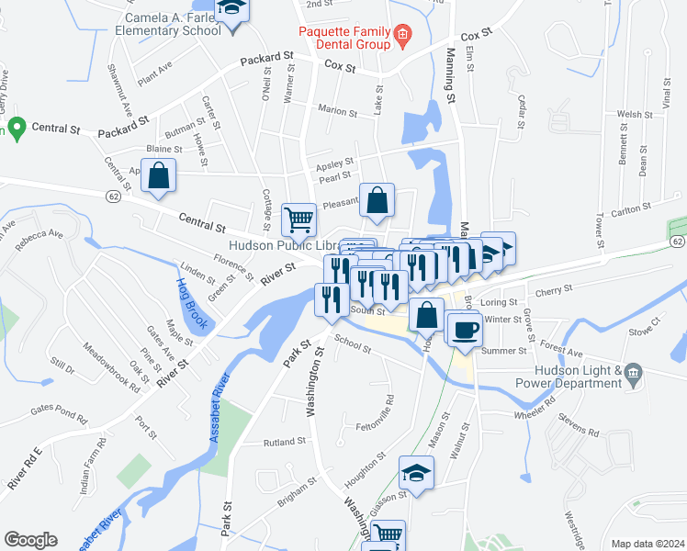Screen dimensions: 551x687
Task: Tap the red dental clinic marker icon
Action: (x=401, y=38)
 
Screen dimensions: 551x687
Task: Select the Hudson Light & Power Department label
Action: (x=578, y=378)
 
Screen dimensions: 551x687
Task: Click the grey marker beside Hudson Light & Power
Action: (x=634, y=372)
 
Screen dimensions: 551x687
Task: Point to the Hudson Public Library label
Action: (x=284, y=246)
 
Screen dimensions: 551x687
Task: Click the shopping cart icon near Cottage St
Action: (x=298, y=219)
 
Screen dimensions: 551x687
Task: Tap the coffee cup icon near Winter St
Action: (x=465, y=329)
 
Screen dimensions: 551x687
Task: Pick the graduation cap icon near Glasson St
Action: (x=417, y=473)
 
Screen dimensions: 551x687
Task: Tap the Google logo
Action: (x=30, y=540)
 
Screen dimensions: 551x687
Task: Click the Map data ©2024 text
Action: (x=647, y=544)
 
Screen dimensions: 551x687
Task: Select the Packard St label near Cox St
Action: (x=266, y=59)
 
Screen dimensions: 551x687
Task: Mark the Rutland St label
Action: (x=282, y=442)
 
